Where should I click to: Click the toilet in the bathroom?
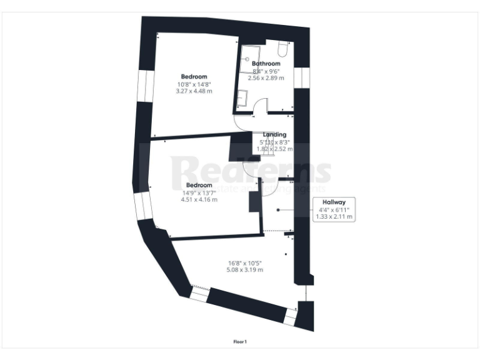click(282, 48)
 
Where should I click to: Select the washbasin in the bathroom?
click(243, 99)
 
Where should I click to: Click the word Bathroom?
click(266, 64)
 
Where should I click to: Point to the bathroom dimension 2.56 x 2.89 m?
click(266, 78)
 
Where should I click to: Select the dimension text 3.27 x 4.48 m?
click(194, 91)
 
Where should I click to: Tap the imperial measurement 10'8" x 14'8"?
click(194, 84)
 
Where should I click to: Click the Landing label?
click(274, 134)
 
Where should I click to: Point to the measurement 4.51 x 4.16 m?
click(199, 199)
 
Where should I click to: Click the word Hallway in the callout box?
click(334, 202)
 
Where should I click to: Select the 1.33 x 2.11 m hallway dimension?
click(334, 217)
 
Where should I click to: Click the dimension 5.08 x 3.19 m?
click(245, 269)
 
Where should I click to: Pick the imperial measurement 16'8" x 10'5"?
click(245, 262)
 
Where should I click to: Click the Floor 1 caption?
click(240, 341)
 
